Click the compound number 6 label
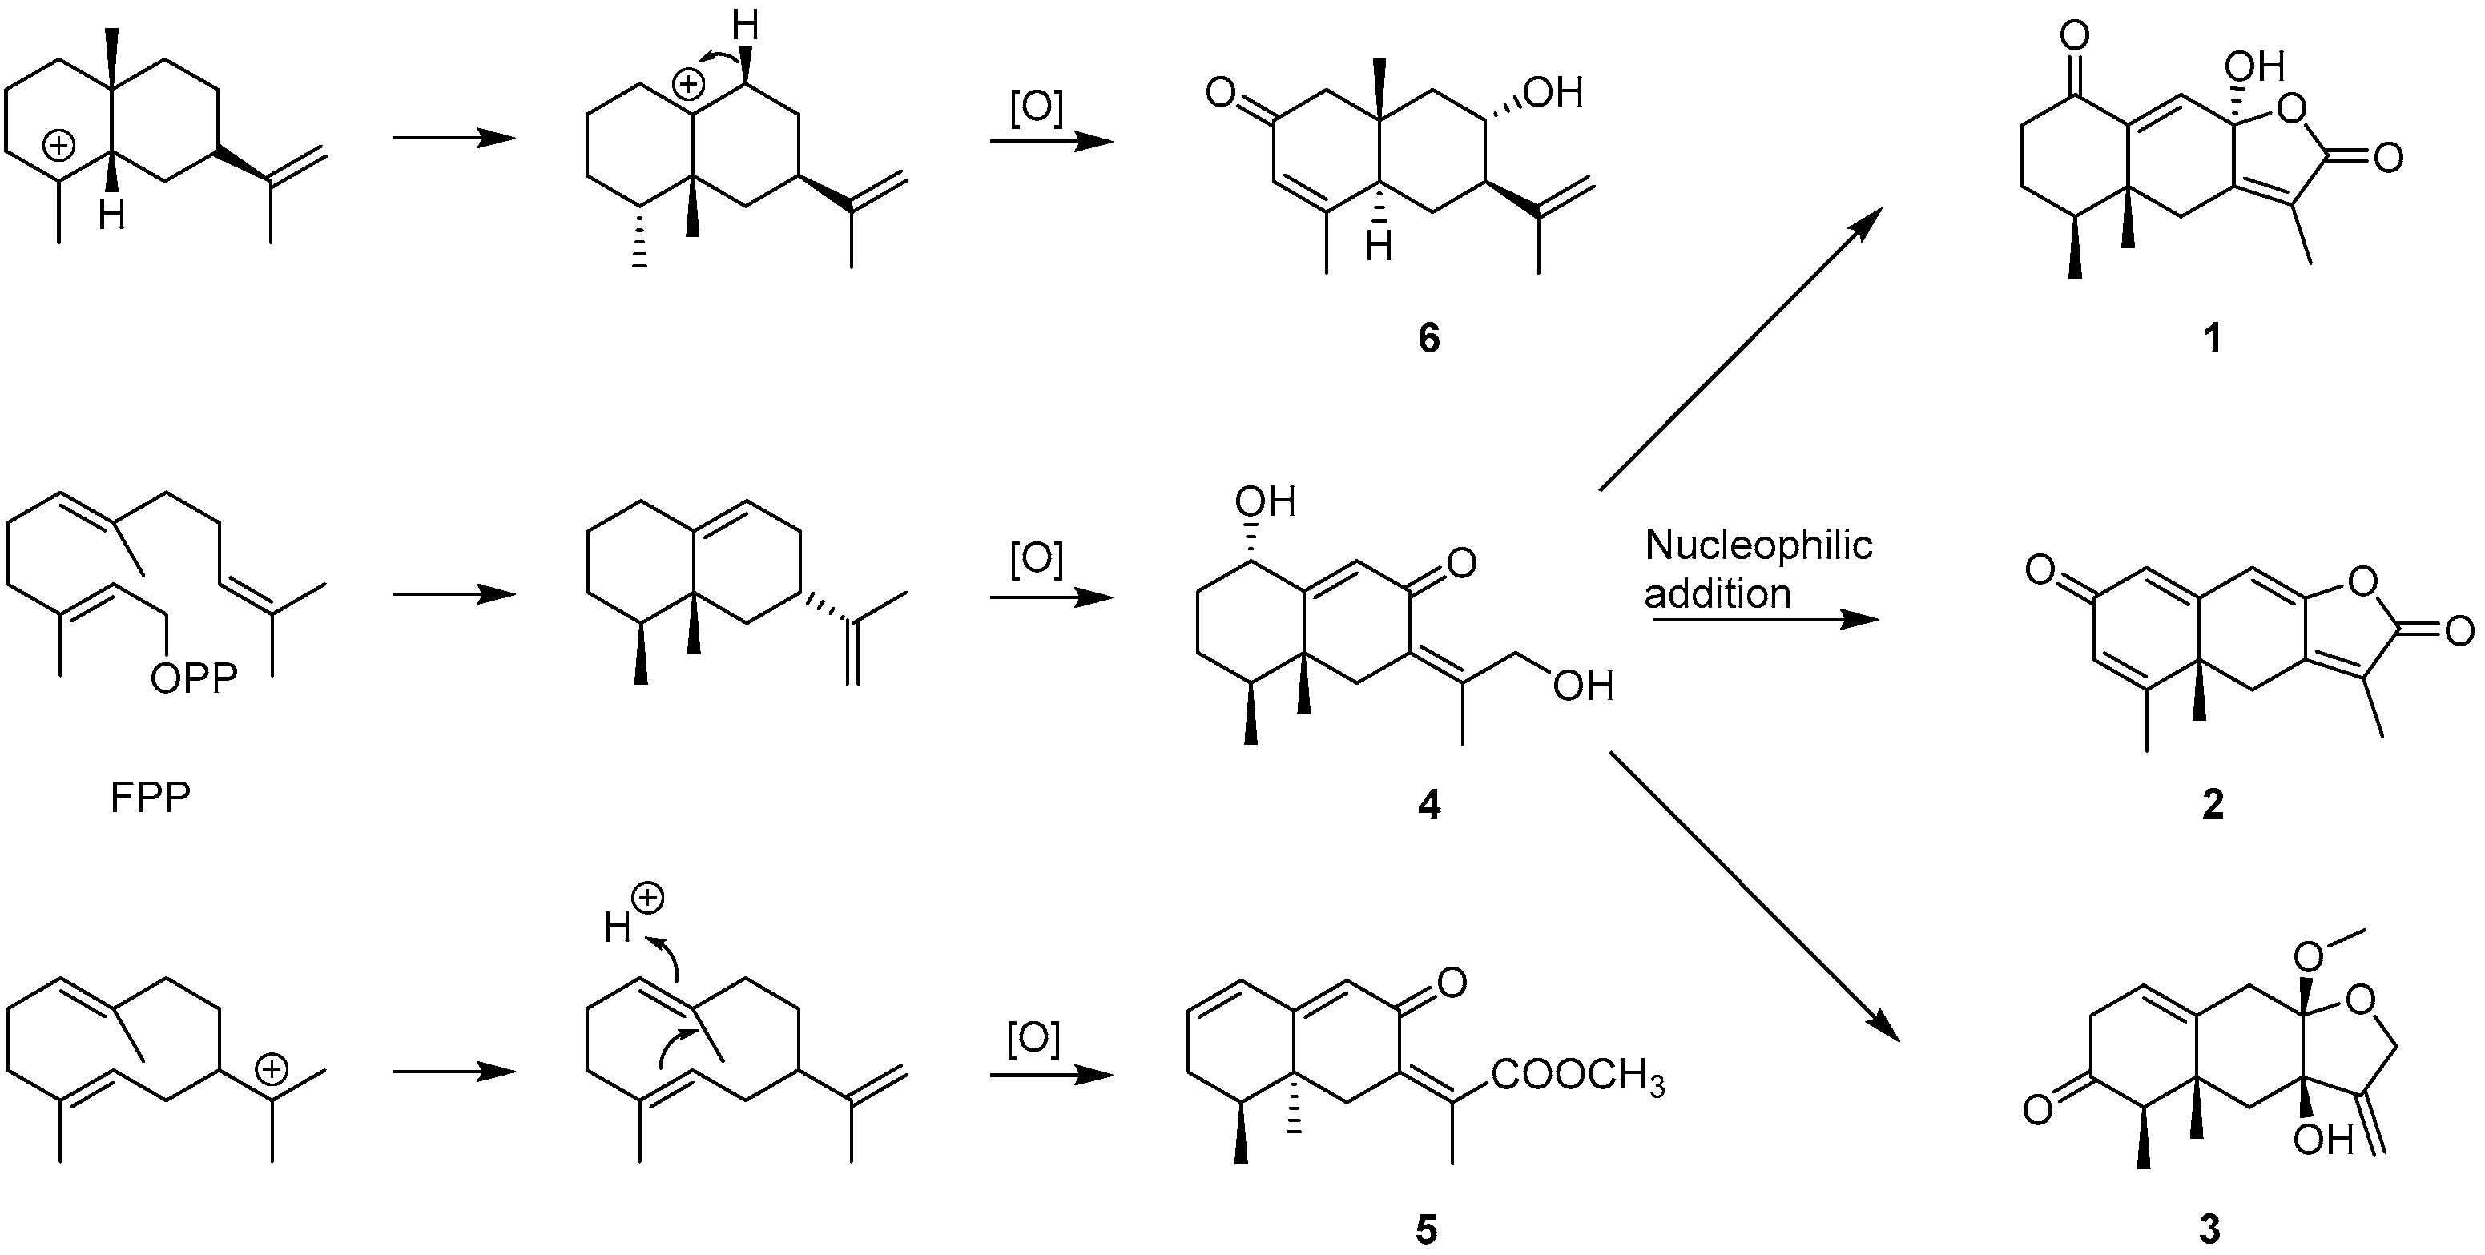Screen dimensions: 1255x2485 click(1428, 338)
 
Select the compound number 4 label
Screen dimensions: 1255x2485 click(1428, 803)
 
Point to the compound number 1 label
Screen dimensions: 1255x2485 click(2212, 338)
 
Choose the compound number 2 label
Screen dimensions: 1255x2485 click(2212, 803)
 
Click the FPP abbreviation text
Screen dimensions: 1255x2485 click(151, 798)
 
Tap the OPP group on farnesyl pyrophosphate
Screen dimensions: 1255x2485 click(193, 680)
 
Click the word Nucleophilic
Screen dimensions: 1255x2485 click(1758, 547)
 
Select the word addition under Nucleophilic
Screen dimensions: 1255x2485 click(1717, 593)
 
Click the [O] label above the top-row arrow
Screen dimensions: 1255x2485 click(1036, 108)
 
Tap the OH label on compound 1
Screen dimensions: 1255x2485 click(2254, 67)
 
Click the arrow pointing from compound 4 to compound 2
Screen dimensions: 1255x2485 click(1766, 619)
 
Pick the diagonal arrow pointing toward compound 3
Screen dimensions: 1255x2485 click(1754, 897)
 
